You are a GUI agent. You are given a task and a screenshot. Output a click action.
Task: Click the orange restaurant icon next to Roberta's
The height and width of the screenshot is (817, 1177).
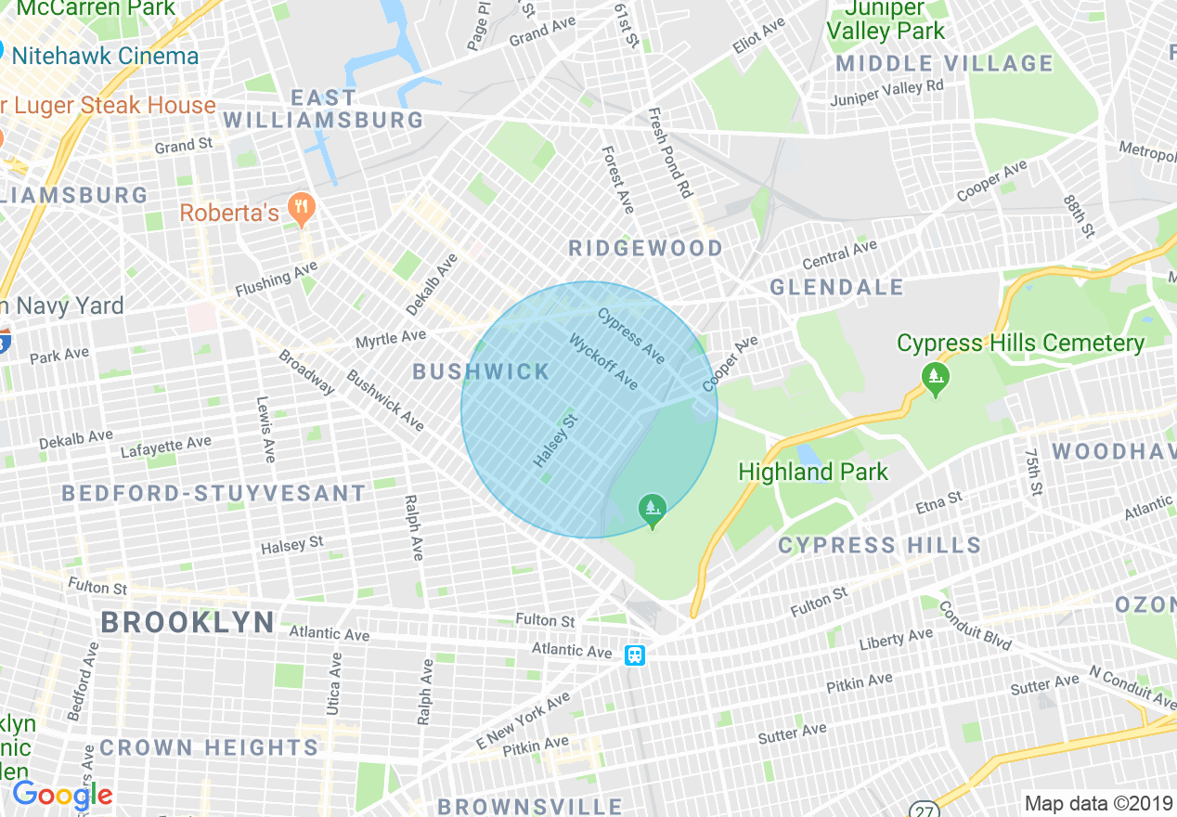[x=300, y=209]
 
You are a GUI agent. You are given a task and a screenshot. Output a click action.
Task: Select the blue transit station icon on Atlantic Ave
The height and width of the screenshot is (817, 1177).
[x=635, y=655]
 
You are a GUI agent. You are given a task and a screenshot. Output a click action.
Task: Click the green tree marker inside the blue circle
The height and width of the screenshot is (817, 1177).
[x=653, y=510]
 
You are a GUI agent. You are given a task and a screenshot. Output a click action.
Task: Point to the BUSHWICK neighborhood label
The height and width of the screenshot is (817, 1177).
[x=481, y=372]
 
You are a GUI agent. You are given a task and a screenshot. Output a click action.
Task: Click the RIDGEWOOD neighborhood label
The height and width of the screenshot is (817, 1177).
[x=645, y=248]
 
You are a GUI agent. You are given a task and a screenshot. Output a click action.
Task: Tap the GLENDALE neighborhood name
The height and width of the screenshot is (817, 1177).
[x=836, y=287]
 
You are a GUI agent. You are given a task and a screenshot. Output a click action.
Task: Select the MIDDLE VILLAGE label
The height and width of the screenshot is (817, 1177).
[x=944, y=64]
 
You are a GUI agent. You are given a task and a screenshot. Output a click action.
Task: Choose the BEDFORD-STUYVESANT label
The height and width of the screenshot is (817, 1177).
[x=213, y=493]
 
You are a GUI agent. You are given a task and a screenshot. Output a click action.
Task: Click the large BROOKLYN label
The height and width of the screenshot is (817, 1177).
[x=188, y=622]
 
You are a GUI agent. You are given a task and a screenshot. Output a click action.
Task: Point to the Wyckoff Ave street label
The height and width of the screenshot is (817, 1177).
[x=603, y=361]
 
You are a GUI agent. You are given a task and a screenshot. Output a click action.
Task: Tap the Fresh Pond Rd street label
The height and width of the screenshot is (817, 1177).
[x=670, y=152]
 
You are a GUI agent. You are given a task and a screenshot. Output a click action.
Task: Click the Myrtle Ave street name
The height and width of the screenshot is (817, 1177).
[x=391, y=339]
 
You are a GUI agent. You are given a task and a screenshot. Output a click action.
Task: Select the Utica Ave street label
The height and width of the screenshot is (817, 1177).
[x=333, y=683]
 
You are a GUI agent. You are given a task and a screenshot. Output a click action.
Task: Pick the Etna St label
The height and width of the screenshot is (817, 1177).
[x=938, y=503]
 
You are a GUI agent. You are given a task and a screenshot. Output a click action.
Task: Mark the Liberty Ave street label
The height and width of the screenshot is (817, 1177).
[x=895, y=641]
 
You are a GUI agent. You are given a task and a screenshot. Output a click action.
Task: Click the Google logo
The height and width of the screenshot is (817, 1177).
[x=62, y=795]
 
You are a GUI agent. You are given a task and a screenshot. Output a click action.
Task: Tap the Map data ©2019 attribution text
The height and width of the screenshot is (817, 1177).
[x=1097, y=803]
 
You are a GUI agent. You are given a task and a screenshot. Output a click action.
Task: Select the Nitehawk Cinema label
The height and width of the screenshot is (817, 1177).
[x=105, y=56]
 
